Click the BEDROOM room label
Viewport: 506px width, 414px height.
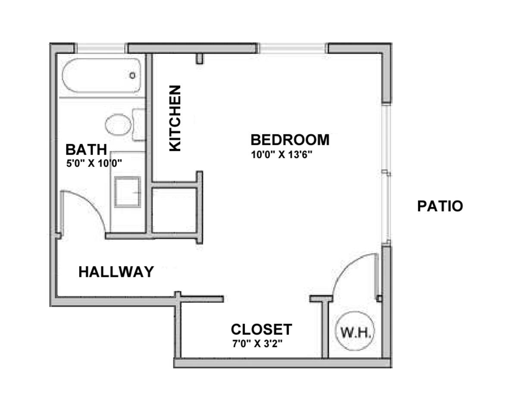290,140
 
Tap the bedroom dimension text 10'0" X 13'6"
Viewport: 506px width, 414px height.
282,155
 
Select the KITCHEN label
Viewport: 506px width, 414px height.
175,118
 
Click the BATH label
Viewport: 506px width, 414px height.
86,150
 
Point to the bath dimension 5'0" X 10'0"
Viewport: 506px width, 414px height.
94,163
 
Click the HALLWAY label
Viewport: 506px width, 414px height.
116,272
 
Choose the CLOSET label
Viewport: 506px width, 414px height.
261,329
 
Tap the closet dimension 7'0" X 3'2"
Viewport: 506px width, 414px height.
257,344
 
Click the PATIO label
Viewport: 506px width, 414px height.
440,206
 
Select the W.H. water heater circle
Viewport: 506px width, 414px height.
356,331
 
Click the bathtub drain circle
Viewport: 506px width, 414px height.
132,75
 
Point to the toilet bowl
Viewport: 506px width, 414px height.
118,125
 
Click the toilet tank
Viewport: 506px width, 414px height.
139,125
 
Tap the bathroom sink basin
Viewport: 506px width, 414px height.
128,192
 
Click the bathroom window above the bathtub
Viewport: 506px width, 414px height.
101,48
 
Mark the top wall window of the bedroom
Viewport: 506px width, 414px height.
293,48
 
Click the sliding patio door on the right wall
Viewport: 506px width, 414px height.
386,174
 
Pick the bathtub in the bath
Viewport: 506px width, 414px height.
102,75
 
